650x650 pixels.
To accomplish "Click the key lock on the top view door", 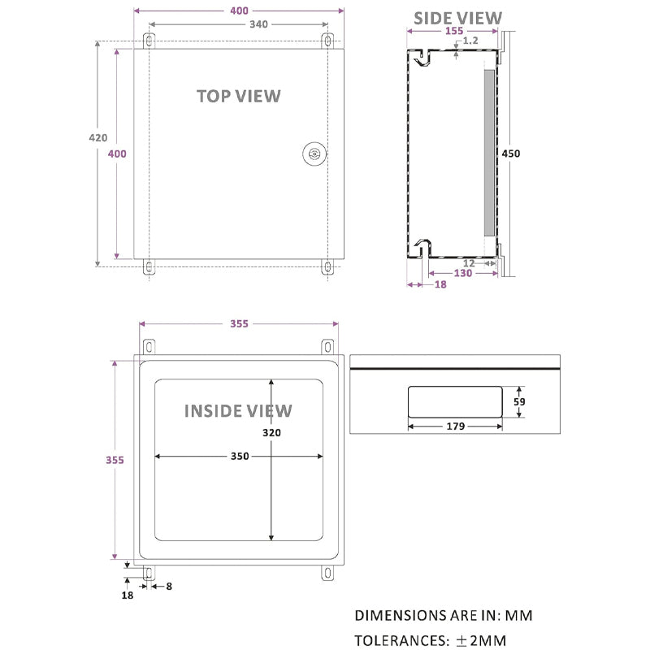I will (314, 154).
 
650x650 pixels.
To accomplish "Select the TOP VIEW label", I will (238, 96).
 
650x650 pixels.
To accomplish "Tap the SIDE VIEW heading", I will (457, 18).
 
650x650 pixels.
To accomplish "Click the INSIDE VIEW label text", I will (237, 410).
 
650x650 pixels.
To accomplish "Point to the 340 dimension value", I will (258, 24).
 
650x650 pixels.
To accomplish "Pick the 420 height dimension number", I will (97, 138).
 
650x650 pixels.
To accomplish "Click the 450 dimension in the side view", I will (511, 154).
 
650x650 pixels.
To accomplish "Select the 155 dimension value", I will (454, 32).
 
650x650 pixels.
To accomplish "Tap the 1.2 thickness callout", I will (470, 41).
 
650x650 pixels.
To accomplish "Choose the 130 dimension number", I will (462, 274).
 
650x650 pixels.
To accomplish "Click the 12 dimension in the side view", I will (469, 262).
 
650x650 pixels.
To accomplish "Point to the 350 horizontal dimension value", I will (239, 457).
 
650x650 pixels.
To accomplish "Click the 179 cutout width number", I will (454, 426).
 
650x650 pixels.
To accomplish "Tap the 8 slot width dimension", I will (169, 585).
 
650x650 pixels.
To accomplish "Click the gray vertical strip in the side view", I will (487, 153).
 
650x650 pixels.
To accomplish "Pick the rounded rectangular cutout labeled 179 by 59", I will (454, 401).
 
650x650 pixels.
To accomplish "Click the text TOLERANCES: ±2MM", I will (431, 640).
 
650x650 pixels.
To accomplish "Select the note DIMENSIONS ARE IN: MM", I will (444, 616).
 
